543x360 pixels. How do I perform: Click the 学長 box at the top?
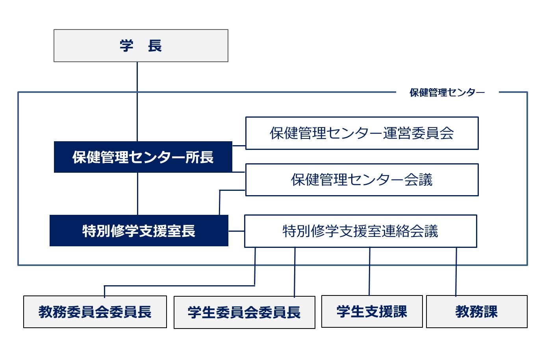(x=141, y=46)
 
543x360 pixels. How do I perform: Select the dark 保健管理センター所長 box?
(x=143, y=157)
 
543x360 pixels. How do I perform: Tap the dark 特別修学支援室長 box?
(x=139, y=231)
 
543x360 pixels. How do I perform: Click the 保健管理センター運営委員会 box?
(x=361, y=133)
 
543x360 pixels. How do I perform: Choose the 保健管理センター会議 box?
(x=361, y=180)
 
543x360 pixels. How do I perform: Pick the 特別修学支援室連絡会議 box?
(x=360, y=231)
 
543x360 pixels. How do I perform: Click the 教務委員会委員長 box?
(x=95, y=312)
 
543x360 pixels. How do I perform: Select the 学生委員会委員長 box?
(x=244, y=312)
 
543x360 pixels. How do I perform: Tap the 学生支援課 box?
(x=372, y=311)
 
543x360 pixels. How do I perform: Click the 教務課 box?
(x=476, y=311)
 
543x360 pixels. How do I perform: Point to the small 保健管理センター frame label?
(x=447, y=92)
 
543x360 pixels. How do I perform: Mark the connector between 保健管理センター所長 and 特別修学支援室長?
(x=137, y=193)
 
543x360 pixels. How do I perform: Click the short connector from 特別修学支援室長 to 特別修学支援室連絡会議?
(x=236, y=231)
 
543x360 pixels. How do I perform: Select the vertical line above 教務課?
(x=456, y=271)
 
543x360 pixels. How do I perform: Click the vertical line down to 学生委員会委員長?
(x=295, y=271)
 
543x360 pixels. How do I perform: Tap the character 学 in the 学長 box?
(x=126, y=46)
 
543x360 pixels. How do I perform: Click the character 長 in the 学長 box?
(x=155, y=46)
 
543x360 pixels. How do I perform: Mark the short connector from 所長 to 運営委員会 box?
(x=239, y=146)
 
